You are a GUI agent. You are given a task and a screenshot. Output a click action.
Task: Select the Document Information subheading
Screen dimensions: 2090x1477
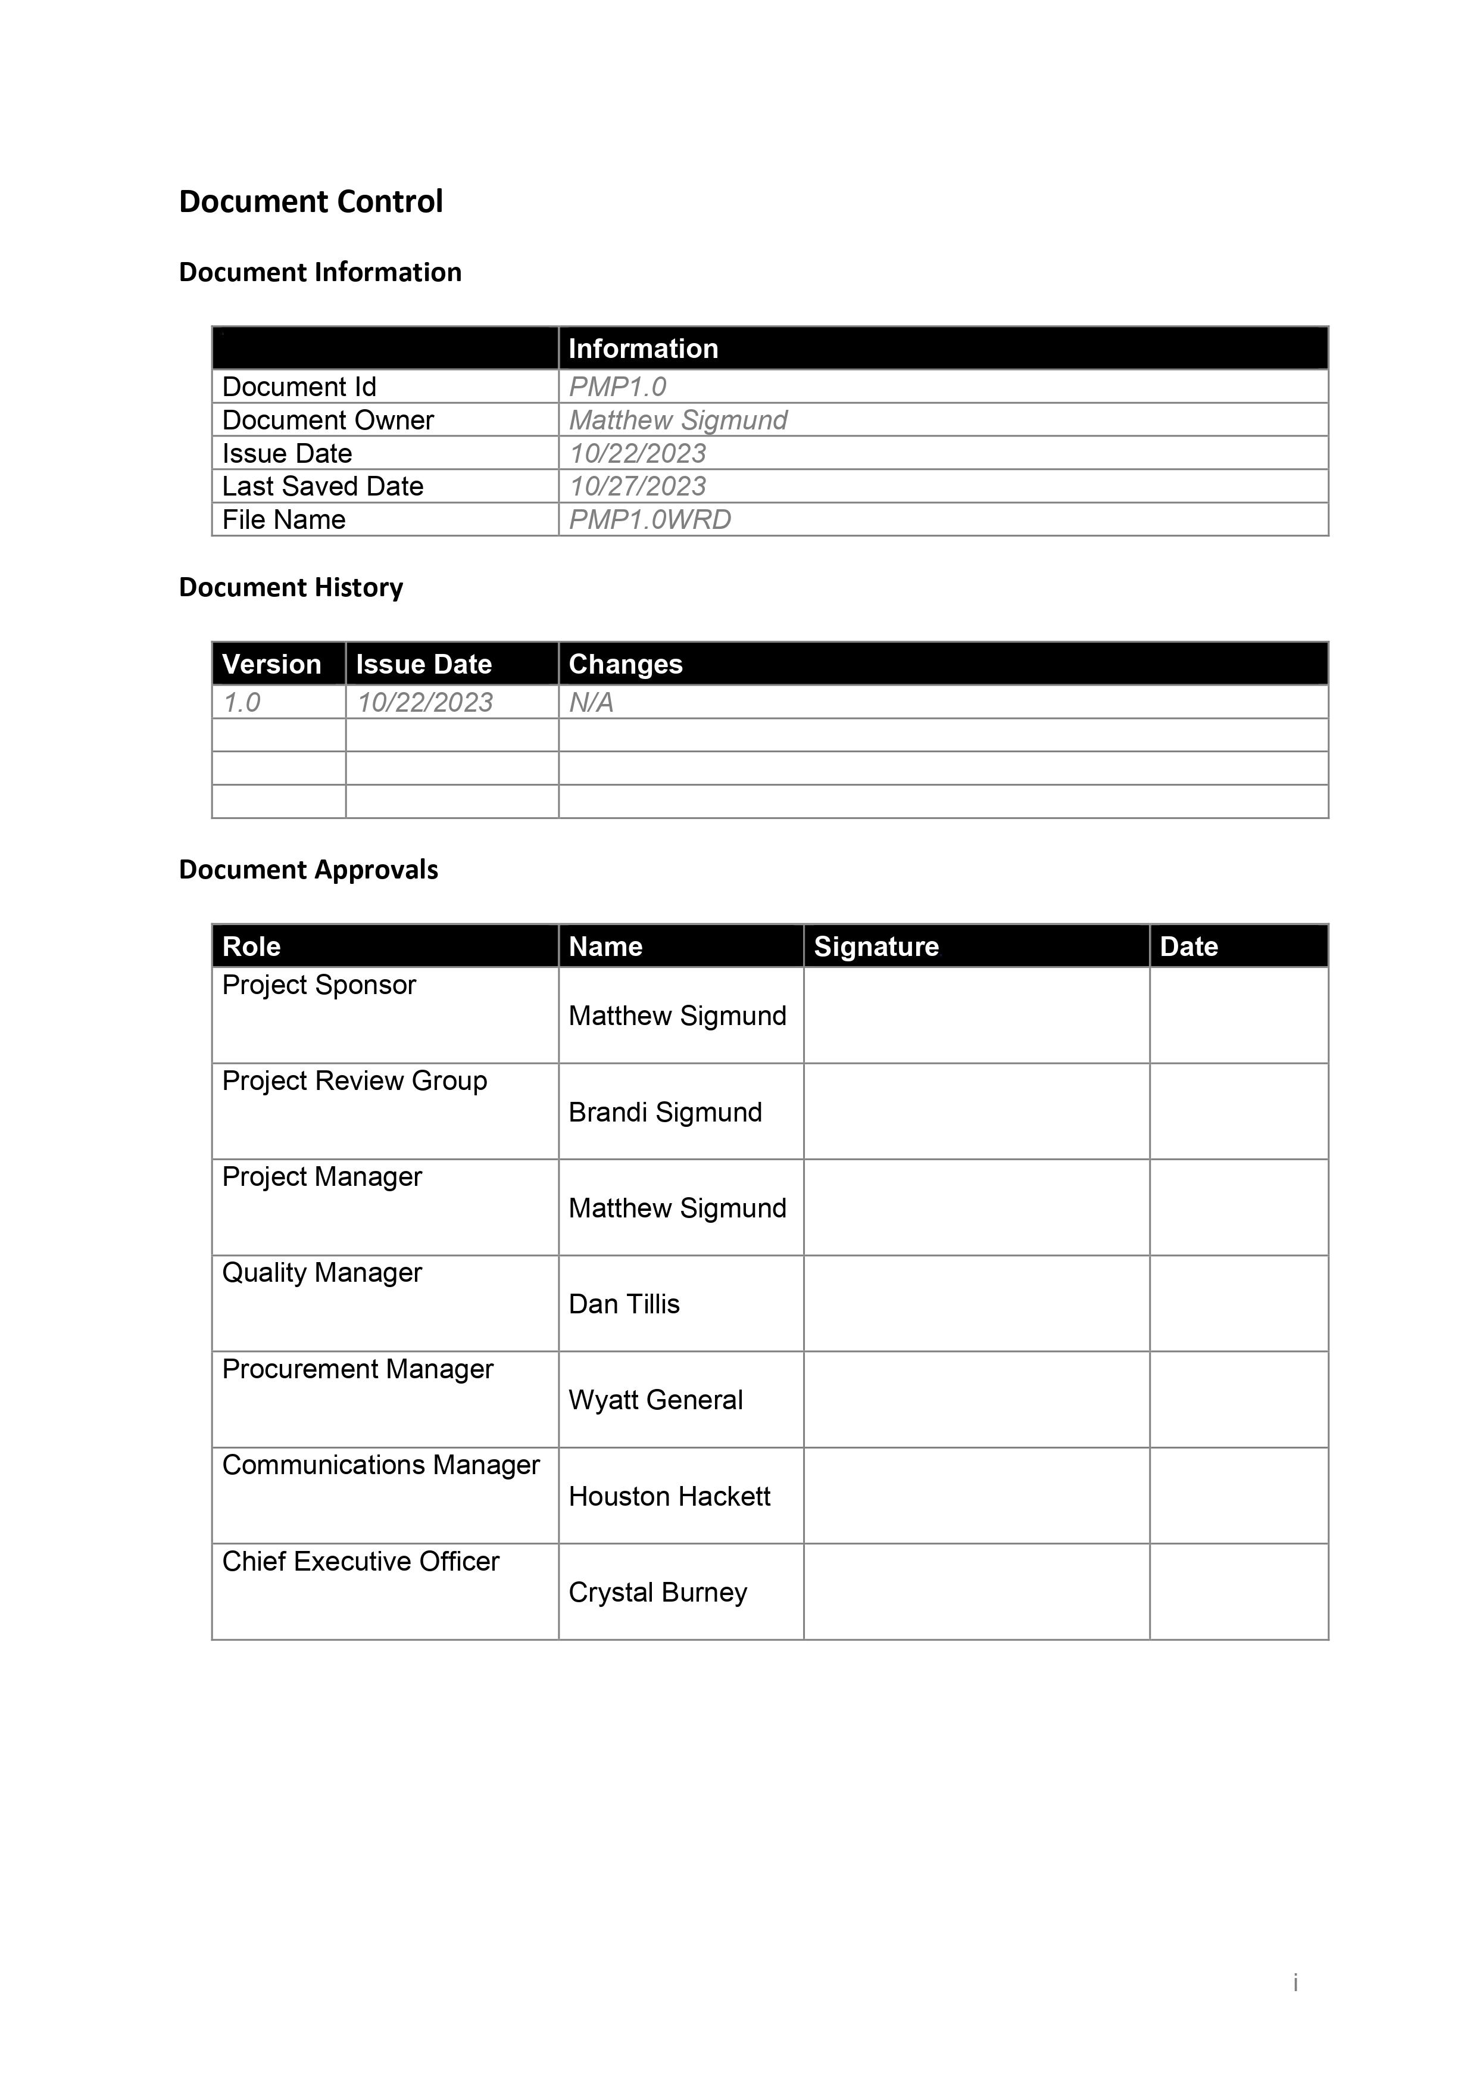pos(320,272)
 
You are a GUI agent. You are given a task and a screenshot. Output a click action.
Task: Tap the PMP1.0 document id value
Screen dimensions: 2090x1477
pos(617,387)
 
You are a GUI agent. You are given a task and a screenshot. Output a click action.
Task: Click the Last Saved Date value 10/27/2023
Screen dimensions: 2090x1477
pos(637,486)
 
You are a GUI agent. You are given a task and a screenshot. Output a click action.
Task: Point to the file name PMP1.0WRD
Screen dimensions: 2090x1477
pos(649,520)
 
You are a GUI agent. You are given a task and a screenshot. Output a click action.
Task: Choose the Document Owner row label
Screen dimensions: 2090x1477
pos(327,421)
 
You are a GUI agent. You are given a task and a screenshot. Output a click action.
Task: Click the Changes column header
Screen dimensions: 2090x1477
pos(625,665)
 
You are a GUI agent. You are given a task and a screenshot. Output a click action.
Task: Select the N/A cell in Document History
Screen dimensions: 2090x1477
pos(591,703)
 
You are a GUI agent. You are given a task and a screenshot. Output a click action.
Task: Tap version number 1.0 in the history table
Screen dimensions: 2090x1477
pos(242,703)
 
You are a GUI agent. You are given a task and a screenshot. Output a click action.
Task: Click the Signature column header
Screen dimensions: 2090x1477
pos(876,946)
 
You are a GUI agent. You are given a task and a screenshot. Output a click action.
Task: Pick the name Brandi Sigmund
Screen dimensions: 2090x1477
pos(665,1113)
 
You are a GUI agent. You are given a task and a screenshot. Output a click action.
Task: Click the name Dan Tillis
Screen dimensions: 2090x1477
pos(624,1304)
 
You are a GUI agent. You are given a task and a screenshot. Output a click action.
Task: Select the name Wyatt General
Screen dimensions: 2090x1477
pos(655,1400)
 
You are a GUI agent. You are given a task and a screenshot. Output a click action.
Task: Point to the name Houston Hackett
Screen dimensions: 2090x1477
pos(669,1497)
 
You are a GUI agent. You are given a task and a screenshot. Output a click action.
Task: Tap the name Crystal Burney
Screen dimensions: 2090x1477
pos(658,1592)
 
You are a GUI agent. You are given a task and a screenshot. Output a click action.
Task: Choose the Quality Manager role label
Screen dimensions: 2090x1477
pos(322,1273)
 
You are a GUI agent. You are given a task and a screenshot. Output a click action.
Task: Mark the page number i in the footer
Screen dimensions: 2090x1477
pos(1295,1982)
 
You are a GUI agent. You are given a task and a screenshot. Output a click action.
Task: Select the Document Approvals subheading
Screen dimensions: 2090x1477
pos(308,870)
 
